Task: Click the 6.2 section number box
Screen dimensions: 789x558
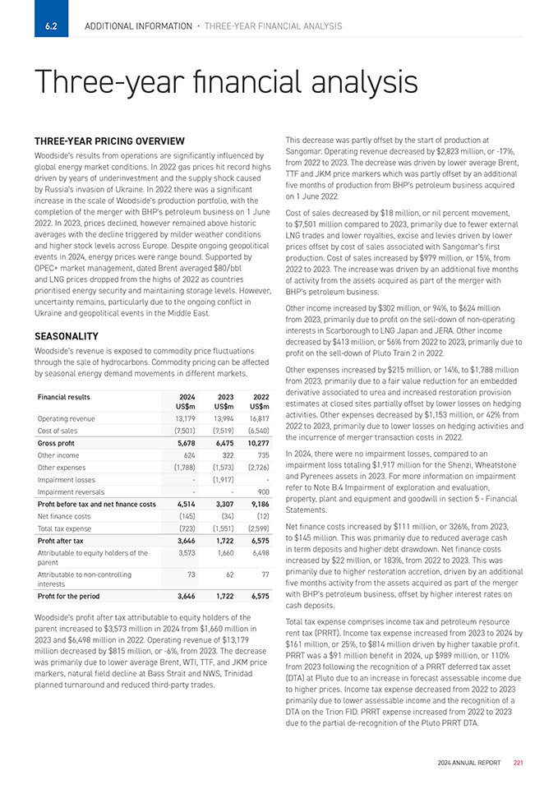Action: tap(51, 26)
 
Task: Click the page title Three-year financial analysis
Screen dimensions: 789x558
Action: tap(226, 82)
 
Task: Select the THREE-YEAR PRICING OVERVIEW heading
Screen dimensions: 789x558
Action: tap(109, 141)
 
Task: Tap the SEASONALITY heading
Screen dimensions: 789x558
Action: tap(67, 336)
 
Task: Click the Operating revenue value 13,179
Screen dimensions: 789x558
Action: tap(183, 418)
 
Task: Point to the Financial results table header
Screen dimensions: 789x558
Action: tap(65, 396)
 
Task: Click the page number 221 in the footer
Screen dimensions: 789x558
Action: tap(519, 764)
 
